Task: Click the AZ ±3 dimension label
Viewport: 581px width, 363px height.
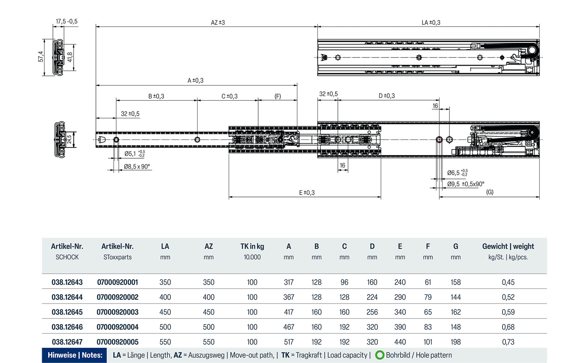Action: pos(218,23)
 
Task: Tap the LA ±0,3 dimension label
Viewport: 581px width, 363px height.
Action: pos(431,23)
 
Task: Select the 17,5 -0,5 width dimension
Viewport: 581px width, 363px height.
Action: pos(66,21)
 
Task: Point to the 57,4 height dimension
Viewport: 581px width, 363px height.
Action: pos(41,56)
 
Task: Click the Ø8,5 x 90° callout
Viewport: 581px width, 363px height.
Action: pos(137,167)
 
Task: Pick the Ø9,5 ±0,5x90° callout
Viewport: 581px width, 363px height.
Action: pos(466,184)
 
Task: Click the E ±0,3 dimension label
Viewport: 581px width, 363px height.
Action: pos(307,192)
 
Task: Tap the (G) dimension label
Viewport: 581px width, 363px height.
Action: pos(490,192)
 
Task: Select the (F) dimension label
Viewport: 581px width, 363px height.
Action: pos(278,96)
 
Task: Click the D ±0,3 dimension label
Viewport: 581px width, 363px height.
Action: pos(387,96)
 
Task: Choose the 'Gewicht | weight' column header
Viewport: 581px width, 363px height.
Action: pos(508,246)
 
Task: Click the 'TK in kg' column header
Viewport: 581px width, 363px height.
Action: pos(252,246)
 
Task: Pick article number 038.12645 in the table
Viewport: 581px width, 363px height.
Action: pos(67,312)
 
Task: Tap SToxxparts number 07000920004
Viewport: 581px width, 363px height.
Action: pos(118,327)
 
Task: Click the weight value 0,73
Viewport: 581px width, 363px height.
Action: pos(508,342)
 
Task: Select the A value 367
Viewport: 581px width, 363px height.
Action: pos(289,297)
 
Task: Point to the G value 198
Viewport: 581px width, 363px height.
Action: pos(456,342)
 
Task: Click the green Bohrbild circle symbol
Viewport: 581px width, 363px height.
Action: pos(380,355)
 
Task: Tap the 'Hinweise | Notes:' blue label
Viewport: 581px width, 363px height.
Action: pos(75,355)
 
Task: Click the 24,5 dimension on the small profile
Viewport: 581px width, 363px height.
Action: pos(69,139)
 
